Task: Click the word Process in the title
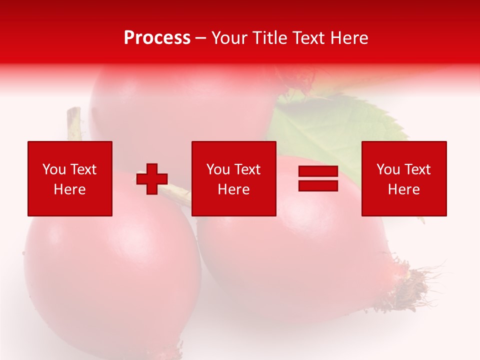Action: pyautogui.click(x=157, y=38)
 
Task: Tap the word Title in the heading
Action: pyautogui.click(x=270, y=38)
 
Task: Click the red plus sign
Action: pyautogui.click(x=152, y=179)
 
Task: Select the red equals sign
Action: pyautogui.click(x=318, y=178)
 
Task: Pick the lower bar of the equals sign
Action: pyautogui.click(x=318, y=185)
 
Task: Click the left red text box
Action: pyautogui.click(x=70, y=178)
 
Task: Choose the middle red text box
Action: pyautogui.click(x=233, y=178)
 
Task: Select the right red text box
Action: pyautogui.click(x=403, y=178)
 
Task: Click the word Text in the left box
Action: pyautogui.click(x=83, y=169)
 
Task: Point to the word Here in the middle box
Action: pyautogui.click(x=233, y=189)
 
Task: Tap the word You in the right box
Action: pyautogui.click(x=387, y=169)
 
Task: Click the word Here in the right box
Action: pyautogui.click(x=403, y=189)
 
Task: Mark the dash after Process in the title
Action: pyautogui.click(x=201, y=38)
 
